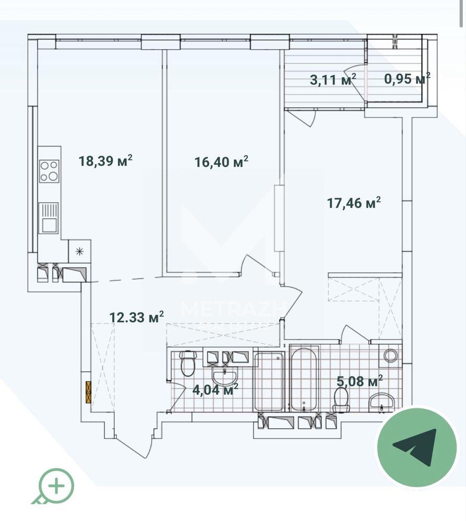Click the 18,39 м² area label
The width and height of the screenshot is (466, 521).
point(106,161)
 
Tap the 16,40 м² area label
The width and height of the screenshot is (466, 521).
point(221,162)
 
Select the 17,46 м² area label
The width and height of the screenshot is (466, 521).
point(354,202)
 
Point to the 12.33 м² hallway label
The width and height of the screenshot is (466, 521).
point(137,317)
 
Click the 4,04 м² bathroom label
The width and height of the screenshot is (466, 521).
point(216,389)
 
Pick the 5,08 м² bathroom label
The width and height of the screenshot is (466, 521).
point(360,381)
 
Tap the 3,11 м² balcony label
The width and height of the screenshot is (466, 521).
point(333,79)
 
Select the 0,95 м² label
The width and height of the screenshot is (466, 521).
point(408,79)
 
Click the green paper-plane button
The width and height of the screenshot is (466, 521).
point(417,447)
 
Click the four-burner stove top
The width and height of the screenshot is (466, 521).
point(49,171)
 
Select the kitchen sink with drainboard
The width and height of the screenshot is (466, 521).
point(49,217)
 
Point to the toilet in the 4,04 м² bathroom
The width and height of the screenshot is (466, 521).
point(188,364)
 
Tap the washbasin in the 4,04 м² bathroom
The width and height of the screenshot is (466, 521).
point(225,378)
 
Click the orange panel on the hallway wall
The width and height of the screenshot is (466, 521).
point(88,392)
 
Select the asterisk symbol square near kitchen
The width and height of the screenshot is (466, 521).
point(79,251)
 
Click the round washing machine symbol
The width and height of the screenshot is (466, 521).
point(391,355)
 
